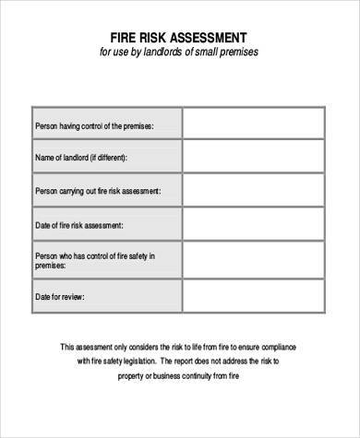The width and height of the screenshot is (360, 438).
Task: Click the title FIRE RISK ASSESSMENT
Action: click(180, 37)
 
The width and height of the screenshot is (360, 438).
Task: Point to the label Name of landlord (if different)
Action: click(82, 158)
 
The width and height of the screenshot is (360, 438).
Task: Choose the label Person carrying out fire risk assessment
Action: click(98, 191)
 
